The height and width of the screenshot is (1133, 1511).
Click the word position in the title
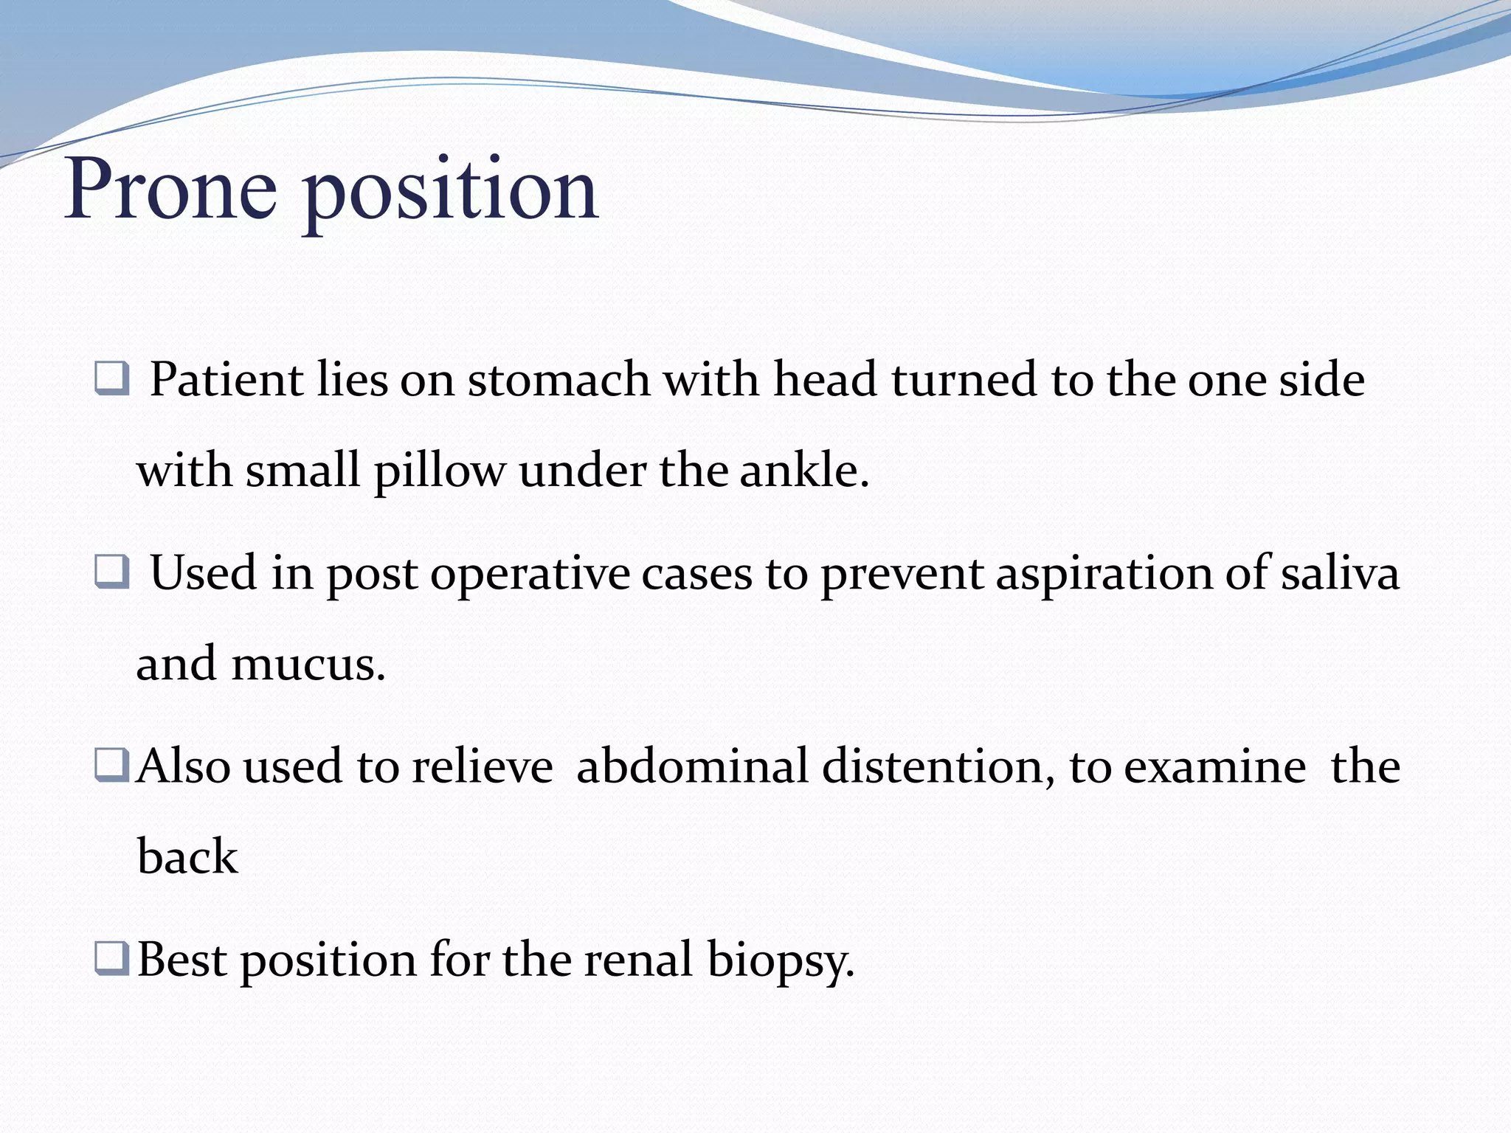coord(450,193)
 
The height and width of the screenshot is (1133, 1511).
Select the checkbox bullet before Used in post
coord(112,572)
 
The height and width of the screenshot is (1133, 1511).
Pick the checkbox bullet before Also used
coord(112,765)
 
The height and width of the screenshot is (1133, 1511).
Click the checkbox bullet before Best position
coord(112,958)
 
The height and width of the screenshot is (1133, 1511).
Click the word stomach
coord(559,380)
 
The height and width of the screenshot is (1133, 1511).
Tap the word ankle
coord(803,470)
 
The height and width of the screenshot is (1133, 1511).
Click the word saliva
coord(1340,573)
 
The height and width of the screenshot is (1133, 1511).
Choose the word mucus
coord(308,663)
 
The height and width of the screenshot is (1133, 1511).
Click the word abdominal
coord(692,766)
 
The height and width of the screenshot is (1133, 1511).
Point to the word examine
coord(1214,766)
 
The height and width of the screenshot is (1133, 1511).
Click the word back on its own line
coord(187,856)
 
